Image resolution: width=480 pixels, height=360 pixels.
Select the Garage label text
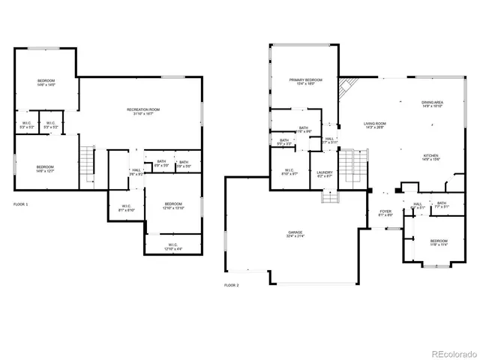click(294, 234)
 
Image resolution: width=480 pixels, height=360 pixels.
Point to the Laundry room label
click(325, 173)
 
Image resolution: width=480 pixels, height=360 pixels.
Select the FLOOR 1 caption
click(22, 204)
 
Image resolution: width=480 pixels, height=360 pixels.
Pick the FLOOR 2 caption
click(232, 285)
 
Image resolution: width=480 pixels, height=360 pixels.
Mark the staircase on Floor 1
click(88, 160)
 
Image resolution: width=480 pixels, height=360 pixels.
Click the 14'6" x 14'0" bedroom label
click(46, 82)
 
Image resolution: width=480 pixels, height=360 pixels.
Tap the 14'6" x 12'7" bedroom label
click(46, 169)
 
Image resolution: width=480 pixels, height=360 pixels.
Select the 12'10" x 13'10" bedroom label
click(173, 206)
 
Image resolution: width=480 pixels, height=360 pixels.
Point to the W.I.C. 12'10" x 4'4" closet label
click(173, 247)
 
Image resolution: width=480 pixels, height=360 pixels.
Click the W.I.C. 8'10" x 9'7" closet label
click(287, 172)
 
